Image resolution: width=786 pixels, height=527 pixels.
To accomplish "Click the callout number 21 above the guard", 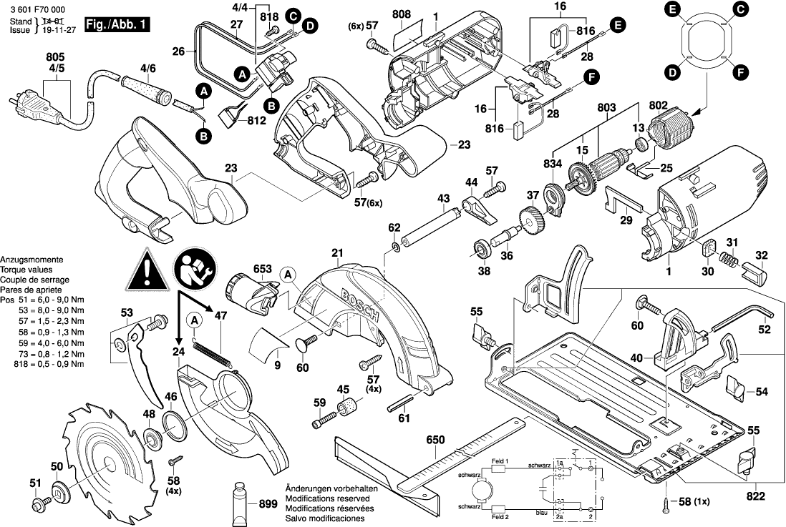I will [337, 252].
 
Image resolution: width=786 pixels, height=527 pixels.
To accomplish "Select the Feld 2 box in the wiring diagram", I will [499, 515].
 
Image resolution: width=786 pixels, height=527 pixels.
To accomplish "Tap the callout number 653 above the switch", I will [263, 270].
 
